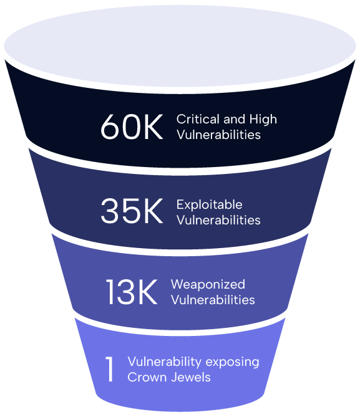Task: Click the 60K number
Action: coord(132,127)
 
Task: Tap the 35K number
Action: coord(132,211)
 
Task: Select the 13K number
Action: coord(132,292)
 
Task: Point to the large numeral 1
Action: coord(109,370)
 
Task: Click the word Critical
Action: coord(198,119)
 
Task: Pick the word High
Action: coord(263,120)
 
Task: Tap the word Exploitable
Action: coord(209,204)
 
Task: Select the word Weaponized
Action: coord(208,284)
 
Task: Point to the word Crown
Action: coord(146,377)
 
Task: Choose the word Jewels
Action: coord(191,377)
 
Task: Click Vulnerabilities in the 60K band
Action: coord(218,135)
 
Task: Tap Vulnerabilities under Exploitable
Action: coord(218,220)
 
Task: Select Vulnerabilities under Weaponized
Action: coord(213,300)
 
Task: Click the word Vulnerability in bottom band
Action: coord(165,362)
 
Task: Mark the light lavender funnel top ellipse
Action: coord(180,46)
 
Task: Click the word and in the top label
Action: coord(235,119)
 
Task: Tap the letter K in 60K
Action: coord(153,127)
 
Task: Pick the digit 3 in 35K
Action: coord(109,211)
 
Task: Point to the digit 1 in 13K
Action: coord(110,292)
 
